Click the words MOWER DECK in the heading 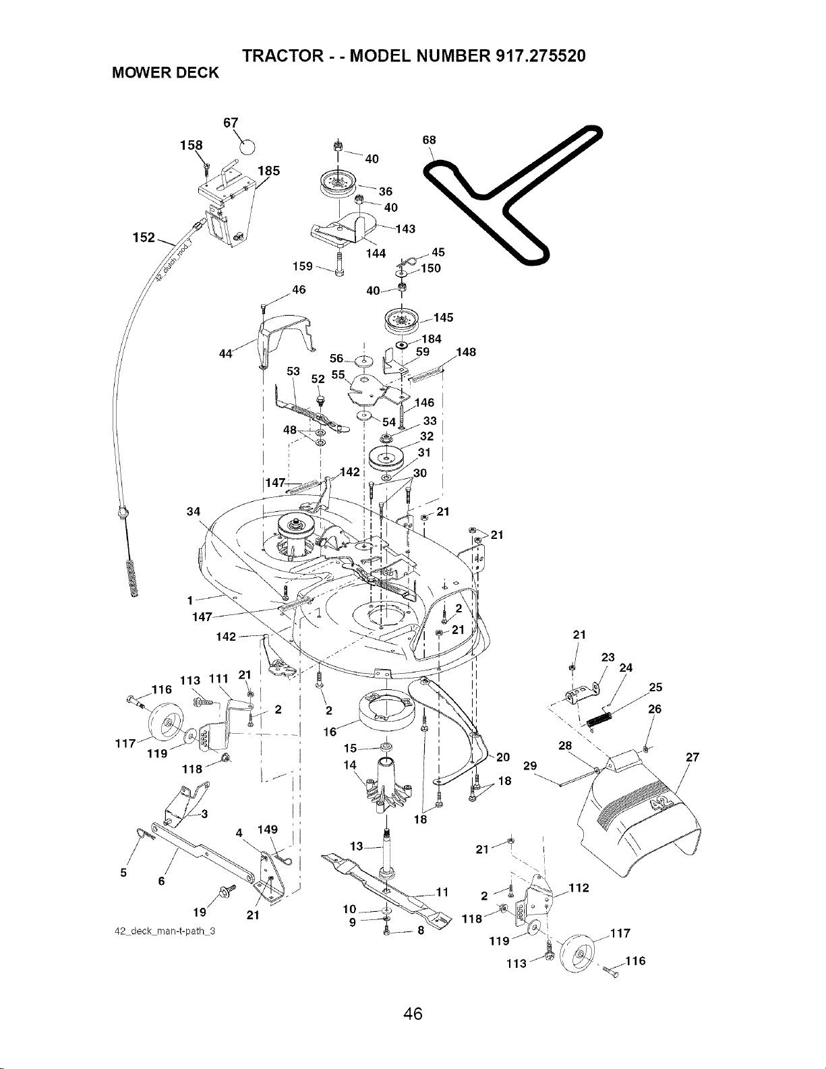click(165, 73)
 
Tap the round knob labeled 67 click(248, 146)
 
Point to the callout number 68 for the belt click(430, 140)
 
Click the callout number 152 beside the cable click(144, 237)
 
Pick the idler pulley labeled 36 click(338, 183)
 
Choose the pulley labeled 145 click(402, 321)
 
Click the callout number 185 click(269, 171)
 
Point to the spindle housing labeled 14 click(386, 785)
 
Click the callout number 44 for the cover click(226, 353)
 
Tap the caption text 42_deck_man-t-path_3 click(165, 931)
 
